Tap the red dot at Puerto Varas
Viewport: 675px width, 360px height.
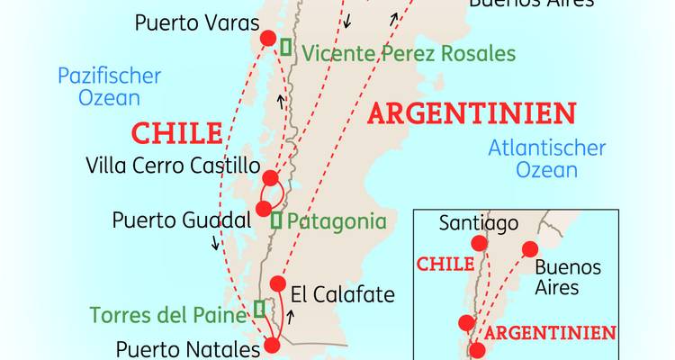(267, 38)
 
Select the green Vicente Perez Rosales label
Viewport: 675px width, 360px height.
(409, 53)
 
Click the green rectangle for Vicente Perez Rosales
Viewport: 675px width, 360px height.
(286, 47)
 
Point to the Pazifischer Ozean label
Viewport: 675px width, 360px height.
(109, 86)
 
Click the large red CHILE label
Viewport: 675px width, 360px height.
(176, 133)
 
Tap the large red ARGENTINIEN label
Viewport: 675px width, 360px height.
(472, 113)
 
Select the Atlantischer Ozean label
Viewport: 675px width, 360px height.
(547, 159)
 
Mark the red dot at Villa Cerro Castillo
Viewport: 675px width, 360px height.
(270, 175)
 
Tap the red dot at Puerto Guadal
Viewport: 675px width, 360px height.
(264, 209)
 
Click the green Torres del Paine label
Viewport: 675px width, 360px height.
(167, 316)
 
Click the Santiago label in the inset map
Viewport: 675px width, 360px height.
(478, 223)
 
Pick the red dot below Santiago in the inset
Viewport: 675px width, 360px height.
(478, 243)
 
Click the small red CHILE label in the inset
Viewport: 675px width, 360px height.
(445, 264)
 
